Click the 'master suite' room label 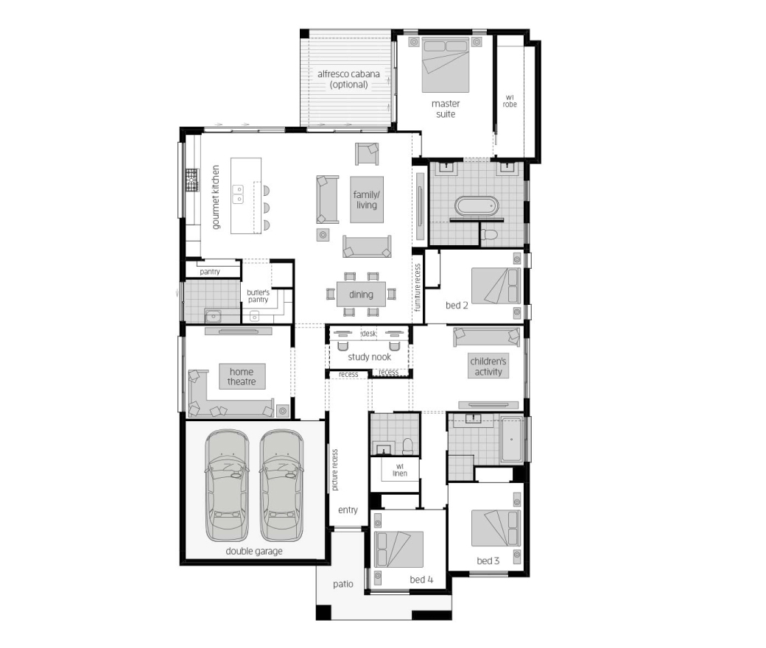click(446, 109)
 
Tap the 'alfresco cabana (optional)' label click(348, 79)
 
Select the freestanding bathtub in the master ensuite click(477, 205)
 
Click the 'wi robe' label click(510, 101)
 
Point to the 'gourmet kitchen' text click(215, 197)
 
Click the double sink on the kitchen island click(238, 194)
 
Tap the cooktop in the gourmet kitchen click(192, 180)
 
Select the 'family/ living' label click(366, 200)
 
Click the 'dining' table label click(361, 295)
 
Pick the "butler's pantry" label click(258, 296)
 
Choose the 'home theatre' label click(242, 376)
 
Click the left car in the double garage click(227, 485)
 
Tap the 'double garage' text click(254, 552)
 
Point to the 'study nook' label click(369, 357)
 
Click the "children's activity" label click(488, 366)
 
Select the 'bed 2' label click(457, 305)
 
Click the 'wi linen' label click(400, 470)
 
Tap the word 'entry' click(348, 510)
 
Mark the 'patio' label click(343, 584)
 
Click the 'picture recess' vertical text click(334, 470)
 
